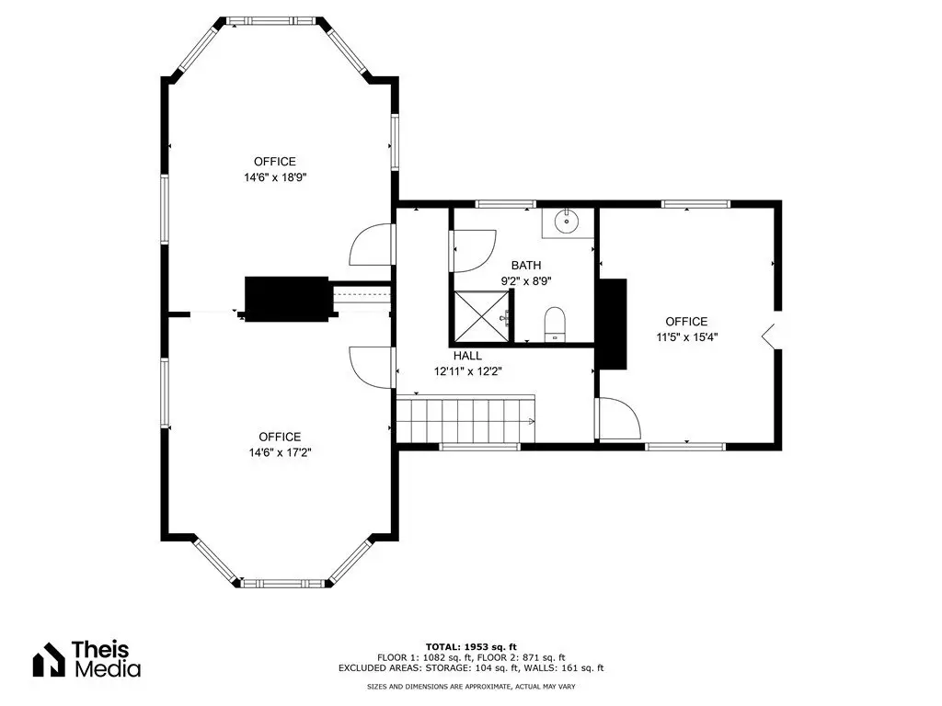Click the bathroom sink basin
coord(566,222)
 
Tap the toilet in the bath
coord(555,325)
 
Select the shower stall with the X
coord(481,316)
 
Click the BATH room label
coord(526,265)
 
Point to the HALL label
coord(467,356)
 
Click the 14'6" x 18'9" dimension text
coord(275,177)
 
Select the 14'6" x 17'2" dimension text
coord(280,452)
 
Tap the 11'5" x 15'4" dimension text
coord(686,336)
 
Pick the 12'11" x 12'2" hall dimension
coord(468,371)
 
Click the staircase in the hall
coord(465,419)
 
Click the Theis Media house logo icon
coord(49,659)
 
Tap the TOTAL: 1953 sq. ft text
coord(471,646)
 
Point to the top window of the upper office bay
coord(271,21)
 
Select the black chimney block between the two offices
coord(287,299)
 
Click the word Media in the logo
coord(108,669)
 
